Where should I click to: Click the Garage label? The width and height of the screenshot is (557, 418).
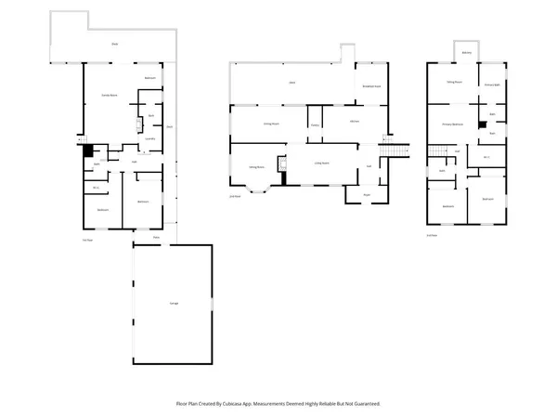[174, 304]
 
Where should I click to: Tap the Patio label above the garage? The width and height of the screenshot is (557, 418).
[156, 238]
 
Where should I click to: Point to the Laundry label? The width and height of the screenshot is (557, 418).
[149, 137]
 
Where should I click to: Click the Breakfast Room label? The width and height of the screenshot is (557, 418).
[369, 85]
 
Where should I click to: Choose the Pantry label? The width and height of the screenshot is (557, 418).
[315, 124]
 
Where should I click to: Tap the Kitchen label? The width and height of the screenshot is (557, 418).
[355, 122]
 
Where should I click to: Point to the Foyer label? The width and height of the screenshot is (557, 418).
[367, 194]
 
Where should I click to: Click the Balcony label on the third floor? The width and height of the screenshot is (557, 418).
[466, 53]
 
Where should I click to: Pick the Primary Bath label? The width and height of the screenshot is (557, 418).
[492, 85]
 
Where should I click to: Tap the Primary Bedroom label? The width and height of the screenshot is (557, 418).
[452, 123]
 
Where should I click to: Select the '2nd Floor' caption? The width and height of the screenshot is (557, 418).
[235, 196]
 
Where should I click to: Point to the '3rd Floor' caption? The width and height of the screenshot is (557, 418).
[431, 235]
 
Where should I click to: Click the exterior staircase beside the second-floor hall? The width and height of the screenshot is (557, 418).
[396, 150]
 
